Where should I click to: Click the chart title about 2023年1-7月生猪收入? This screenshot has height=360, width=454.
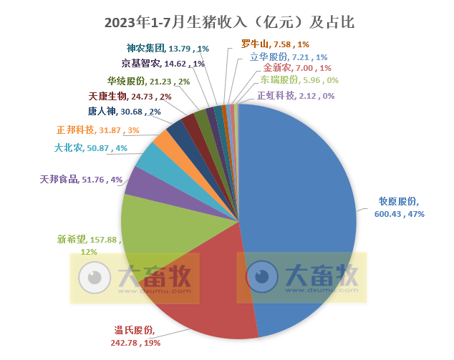pos(228,22)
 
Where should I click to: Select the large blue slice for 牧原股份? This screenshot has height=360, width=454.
pos(308,215)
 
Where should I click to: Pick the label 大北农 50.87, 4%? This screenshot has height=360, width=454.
pos(90,149)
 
